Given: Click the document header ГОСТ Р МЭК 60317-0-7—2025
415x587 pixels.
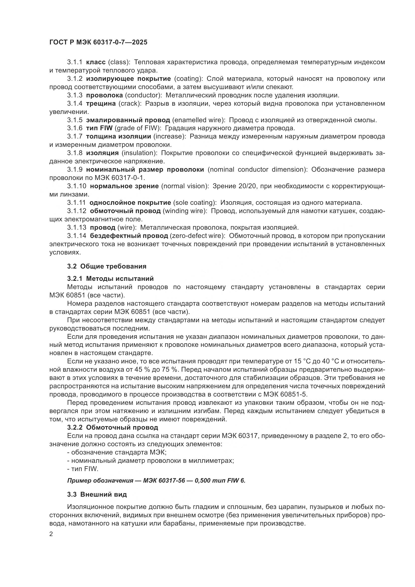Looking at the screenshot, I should [98, 42].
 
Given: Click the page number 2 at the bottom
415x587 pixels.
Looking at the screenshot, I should [51, 534].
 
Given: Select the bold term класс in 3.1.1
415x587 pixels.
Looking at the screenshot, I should [96, 62].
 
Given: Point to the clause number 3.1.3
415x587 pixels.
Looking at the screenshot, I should [75, 95].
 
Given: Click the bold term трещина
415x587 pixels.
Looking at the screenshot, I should [101, 104].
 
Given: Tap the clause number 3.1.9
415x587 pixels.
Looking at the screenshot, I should [75, 170].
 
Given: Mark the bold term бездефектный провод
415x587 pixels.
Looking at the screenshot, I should [129, 236].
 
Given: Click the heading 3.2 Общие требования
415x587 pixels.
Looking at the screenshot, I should [107, 267].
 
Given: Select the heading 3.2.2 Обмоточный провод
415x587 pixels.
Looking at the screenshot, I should [113, 427].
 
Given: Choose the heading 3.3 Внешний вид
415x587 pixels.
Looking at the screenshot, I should [97, 494].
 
